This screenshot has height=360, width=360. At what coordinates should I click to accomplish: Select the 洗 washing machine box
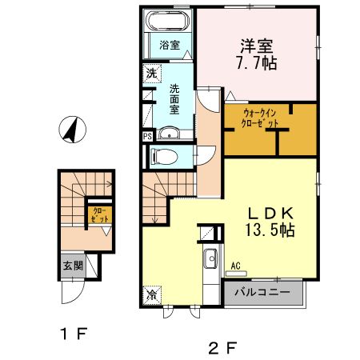click(152, 74)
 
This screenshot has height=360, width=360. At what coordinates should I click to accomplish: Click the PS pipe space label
click(147, 137)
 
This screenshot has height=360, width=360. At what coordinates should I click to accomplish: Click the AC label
click(236, 267)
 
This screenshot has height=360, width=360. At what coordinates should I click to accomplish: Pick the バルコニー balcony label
click(262, 293)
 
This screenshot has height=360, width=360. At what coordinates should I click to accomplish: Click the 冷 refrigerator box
click(151, 295)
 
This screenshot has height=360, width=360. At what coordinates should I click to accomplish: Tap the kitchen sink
click(211, 259)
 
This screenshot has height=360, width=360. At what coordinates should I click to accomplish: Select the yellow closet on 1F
click(100, 216)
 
